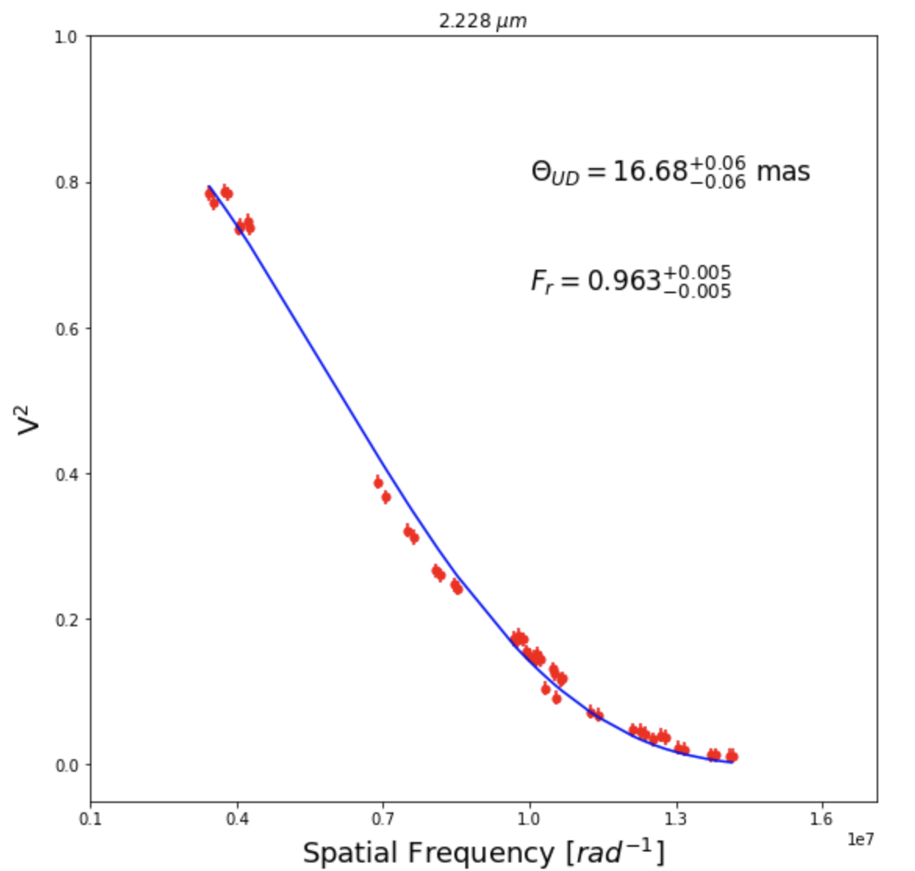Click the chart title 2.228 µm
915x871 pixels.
pyautogui.click(x=483, y=21)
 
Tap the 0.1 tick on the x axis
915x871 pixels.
pyautogui.click(x=91, y=819)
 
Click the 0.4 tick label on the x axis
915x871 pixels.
pyautogui.click(x=237, y=819)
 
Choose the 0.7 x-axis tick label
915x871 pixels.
pyautogui.click(x=383, y=819)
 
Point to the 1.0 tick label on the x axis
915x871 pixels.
pyautogui.click(x=529, y=819)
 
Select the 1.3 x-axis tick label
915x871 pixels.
pyautogui.click(x=676, y=819)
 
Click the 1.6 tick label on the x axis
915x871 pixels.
pyautogui.click(x=822, y=819)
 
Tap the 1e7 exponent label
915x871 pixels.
pyautogui.click(x=860, y=839)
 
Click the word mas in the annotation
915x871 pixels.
pyautogui.click(x=783, y=171)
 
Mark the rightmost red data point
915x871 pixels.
pyautogui.click(x=732, y=756)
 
